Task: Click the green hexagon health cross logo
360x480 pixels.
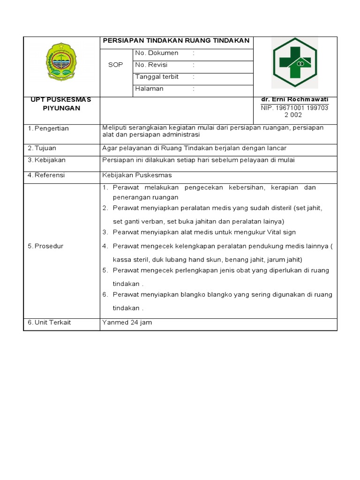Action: pos(295,62)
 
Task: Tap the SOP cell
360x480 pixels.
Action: pos(116,65)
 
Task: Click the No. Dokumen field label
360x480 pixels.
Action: pos(157,53)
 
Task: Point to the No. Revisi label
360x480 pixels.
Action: pos(151,65)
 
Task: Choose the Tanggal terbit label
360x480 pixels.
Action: pos(157,77)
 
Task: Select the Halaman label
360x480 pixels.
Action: pos(149,89)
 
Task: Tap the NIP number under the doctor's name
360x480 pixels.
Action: pos(295,112)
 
